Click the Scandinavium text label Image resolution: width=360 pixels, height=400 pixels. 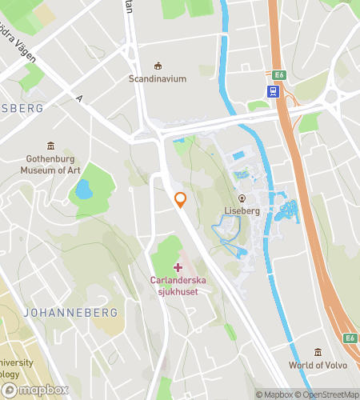tap(158, 79)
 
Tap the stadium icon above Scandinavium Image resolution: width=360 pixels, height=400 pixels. tap(158, 66)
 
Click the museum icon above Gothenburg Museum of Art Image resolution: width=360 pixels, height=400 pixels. tap(52, 146)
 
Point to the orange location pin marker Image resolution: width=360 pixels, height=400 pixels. tap(181, 199)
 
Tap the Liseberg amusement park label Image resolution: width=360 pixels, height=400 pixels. tap(241, 211)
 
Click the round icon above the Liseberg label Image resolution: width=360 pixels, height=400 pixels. tap(241, 198)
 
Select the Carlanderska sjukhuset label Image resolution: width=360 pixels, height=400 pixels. tap(177, 285)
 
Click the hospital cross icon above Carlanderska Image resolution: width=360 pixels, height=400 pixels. tap(177, 266)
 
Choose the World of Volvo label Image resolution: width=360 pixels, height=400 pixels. tap(318, 366)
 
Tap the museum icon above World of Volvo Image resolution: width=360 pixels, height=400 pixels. tap(318, 352)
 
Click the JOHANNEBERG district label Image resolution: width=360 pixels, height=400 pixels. tap(70, 312)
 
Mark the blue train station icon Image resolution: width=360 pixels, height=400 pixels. tap(274, 91)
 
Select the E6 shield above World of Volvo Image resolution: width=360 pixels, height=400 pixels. tap(350, 338)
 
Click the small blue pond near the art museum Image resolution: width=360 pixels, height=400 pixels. tap(83, 190)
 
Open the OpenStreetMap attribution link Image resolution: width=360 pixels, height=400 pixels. tap(329, 394)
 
